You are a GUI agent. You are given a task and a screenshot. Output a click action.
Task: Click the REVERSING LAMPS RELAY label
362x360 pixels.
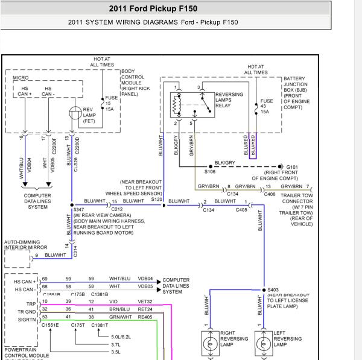[229, 99]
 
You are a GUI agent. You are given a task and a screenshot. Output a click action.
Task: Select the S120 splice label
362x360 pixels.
[157, 198]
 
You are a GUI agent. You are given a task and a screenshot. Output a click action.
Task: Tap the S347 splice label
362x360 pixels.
[79, 209]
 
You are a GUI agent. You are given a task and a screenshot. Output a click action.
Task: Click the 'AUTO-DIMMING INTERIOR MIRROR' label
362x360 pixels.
[25, 244]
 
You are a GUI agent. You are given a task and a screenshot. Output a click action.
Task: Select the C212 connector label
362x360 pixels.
[117, 209]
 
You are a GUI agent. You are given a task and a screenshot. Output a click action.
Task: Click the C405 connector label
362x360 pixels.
[241, 210]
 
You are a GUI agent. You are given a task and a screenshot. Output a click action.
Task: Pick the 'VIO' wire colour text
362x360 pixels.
[113, 301]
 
